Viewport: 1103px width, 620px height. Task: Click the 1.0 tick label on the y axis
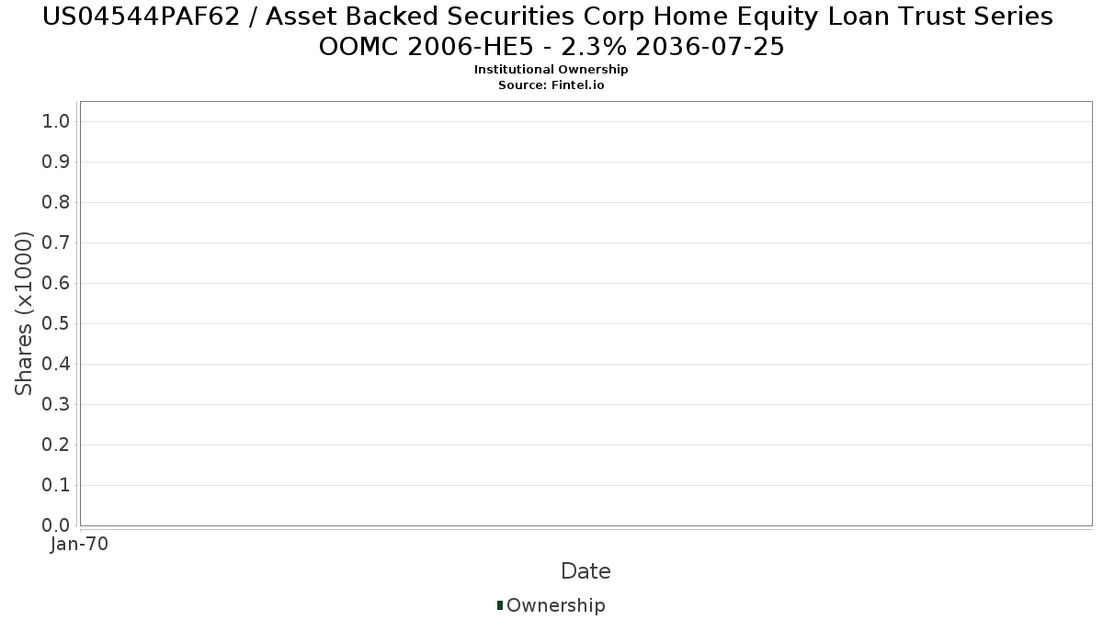pyautogui.click(x=56, y=121)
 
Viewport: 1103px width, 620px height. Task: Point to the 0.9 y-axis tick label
pyautogui.click(x=56, y=162)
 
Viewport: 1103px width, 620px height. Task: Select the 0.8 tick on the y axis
pyautogui.click(x=56, y=202)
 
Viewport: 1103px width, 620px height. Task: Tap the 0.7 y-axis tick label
pyautogui.click(x=56, y=242)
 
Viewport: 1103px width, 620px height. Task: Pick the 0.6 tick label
pyautogui.click(x=56, y=284)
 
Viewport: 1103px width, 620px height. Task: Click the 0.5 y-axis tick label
pyautogui.click(x=56, y=323)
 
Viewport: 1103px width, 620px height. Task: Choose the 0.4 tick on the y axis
pyautogui.click(x=56, y=364)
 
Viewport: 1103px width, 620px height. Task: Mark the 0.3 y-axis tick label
pyautogui.click(x=56, y=404)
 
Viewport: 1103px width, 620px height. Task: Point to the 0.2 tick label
pyautogui.click(x=56, y=445)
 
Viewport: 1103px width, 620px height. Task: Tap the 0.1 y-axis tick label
pyautogui.click(x=56, y=486)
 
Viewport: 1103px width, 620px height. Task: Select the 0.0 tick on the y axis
pyautogui.click(x=56, y=525)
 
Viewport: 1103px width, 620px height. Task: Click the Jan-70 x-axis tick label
pyautogui.click(x=79, y=544)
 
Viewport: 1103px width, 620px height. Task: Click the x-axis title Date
pyautogui.click(x=586, y=571)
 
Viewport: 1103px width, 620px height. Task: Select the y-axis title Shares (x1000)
pyautogui.click(x=23, y=313)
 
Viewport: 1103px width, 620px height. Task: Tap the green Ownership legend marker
pyautogui.click(x=500, y=605)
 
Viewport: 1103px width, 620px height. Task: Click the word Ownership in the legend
pyautogui.click(x=556, y=605)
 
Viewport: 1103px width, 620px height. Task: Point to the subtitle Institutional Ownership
pyautogui.click(x=551, y=70)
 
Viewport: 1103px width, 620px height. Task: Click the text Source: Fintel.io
pyautogui.click(x=551, y=85)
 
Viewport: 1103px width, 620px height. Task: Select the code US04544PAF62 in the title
pyautogui.click(x=142, y=17)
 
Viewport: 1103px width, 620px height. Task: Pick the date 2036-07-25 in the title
pyautogui.click(x=710, y=47)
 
